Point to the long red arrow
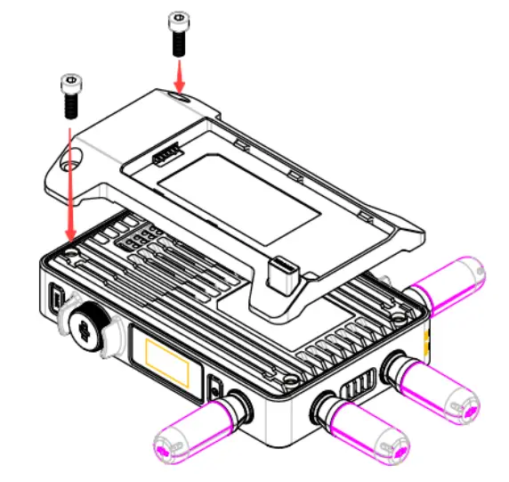(x=69, y=178)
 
